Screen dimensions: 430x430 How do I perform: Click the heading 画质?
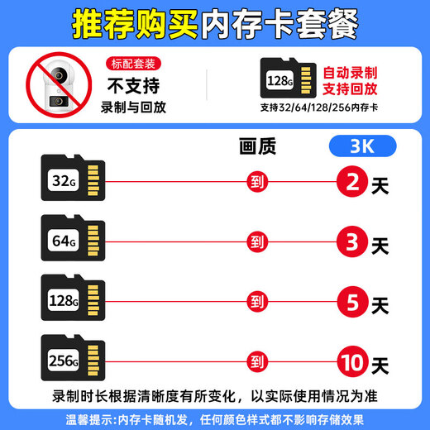click(x=256, y=147)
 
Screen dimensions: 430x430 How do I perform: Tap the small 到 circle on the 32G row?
click(x=256, y=179)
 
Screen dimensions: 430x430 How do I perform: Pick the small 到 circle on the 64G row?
click(x=256, y=241)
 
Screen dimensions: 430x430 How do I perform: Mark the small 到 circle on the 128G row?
click(x=256, y=302)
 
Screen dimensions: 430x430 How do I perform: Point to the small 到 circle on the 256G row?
click(x=256, y=362)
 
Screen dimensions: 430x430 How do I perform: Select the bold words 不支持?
click(x=131, y=85)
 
